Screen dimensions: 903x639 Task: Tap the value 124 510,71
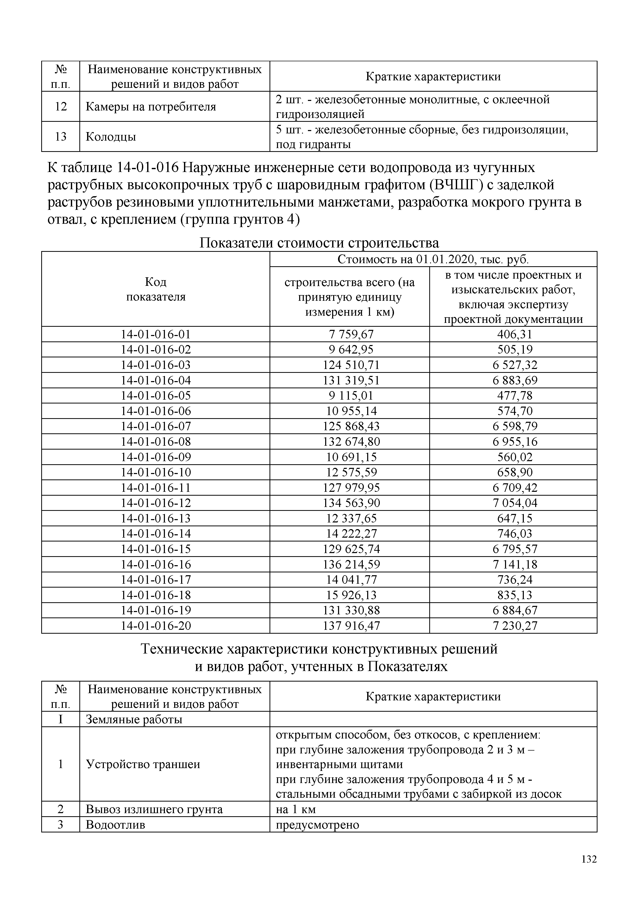tap(351, 365)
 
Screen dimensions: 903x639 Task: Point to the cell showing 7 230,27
tap(515, 626)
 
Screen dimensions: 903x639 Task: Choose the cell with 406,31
tap(515, 334)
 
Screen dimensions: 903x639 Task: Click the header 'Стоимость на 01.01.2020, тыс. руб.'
tap(433, 260)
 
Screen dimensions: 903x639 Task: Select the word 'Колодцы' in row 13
tap(111, 137)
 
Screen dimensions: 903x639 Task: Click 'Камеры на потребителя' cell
tap(151, 107)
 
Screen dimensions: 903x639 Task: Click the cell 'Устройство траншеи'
tap(143, 764)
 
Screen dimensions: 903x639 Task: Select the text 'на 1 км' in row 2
tap(296, 809)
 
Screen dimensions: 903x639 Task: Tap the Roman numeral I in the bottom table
tap(61, 720)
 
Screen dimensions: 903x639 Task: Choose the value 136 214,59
tap(351, 564)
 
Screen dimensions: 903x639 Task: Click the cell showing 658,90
tap(515, 472)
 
